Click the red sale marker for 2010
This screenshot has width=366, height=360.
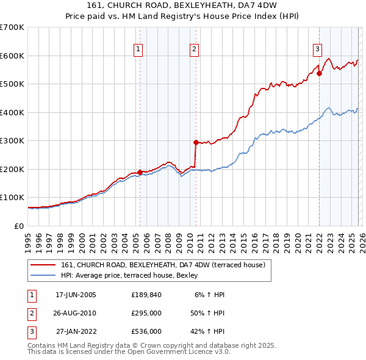point(196,142)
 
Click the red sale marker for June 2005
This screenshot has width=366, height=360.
point(140,172)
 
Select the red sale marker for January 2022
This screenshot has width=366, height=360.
point(319,74)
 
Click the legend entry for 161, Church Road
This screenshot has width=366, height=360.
point(162,265)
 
